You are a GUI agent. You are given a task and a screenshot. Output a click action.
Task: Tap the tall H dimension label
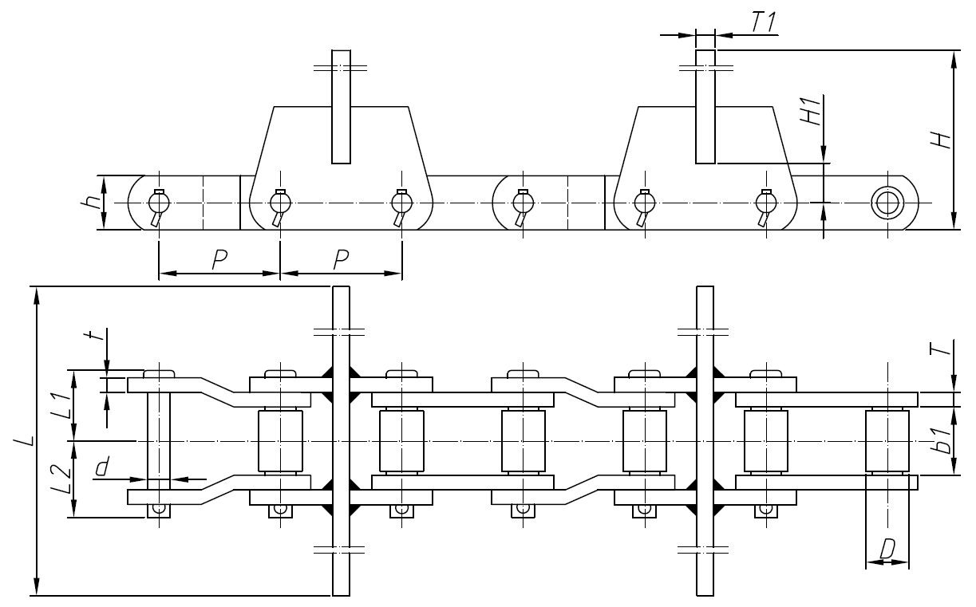(x=943, y=140)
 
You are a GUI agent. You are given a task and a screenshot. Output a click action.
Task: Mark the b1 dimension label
(x=943, y=441)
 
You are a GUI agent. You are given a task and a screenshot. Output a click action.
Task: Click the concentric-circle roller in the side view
(x=886, y=202)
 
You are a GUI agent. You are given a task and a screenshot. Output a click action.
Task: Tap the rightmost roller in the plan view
(x=887, y=440)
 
